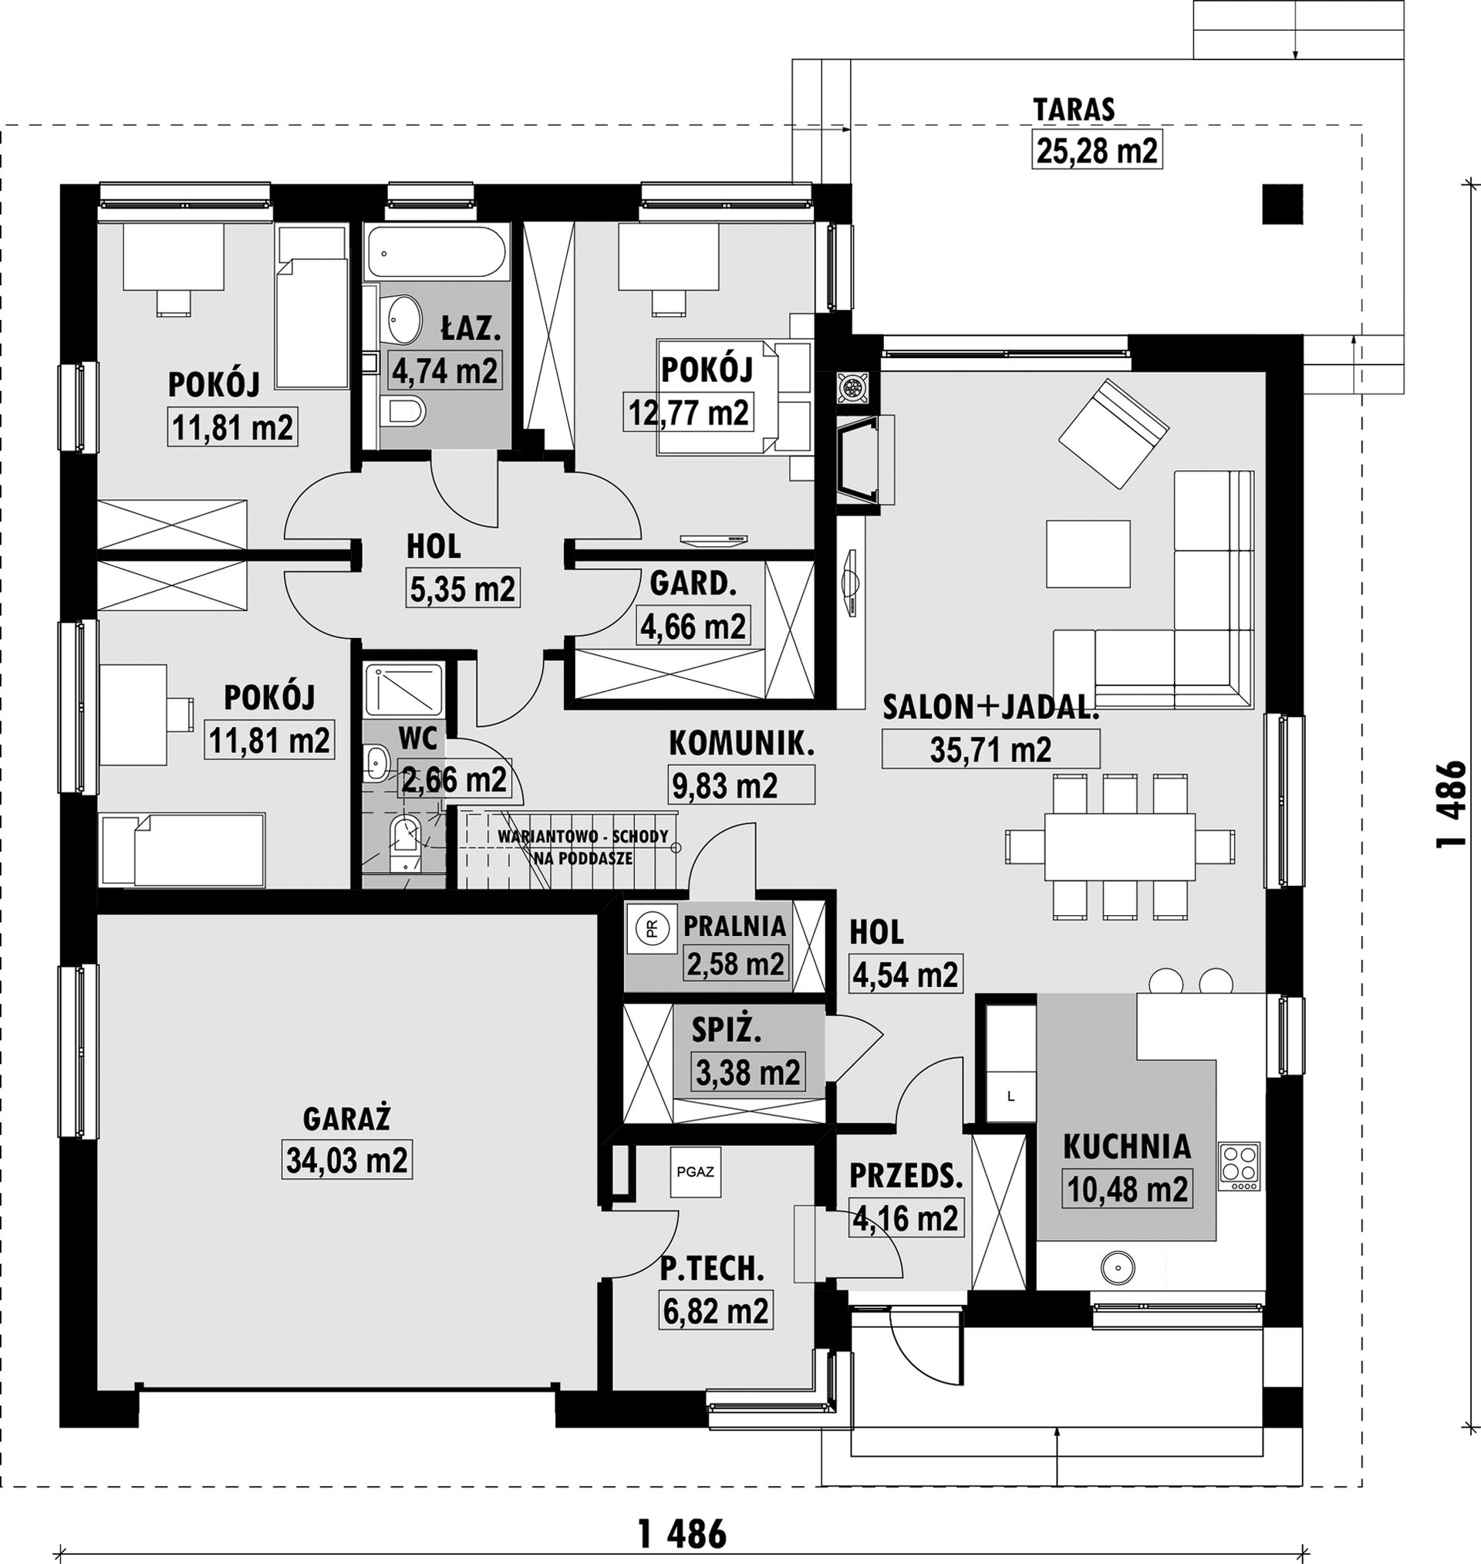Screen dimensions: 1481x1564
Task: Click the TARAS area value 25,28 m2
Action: pyautogui.click(x=1098, y=150)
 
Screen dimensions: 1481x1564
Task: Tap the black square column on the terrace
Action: pyautogui.click(x=1282, y=204)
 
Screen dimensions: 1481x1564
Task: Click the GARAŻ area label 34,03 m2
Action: pyautogui.click(x=346, y=1160)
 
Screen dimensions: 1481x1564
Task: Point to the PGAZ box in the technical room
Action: pyautogui.click(x=696, y=1171)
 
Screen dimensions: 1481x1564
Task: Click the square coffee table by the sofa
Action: pyautogui.click(x=1088, y=553)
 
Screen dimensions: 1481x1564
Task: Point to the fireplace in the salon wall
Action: pyautogui.click(x=865, y=460)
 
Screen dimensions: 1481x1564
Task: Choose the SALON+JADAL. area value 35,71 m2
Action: pyautogui.click(x=990, y=748)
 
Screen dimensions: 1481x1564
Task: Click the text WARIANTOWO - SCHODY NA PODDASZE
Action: pyautogui.click(x=583, y=848)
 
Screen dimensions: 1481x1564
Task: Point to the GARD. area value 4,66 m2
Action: pyautogui.click(x=693, y=626)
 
